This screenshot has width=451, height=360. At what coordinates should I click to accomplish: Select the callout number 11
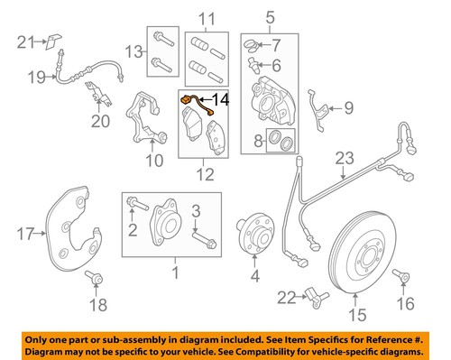208,17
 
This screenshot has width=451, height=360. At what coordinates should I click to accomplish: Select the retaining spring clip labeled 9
316,110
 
